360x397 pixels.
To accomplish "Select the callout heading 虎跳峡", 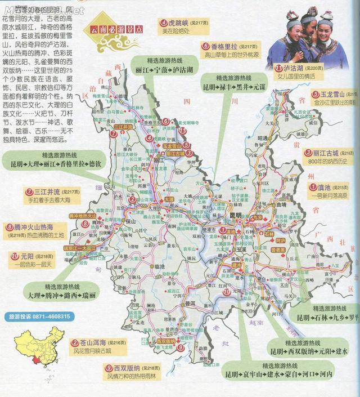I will tap(172, 23).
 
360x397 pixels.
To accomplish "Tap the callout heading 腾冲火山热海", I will tap(33, 227).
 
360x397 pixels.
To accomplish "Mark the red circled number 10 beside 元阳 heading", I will tap(15, 256).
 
